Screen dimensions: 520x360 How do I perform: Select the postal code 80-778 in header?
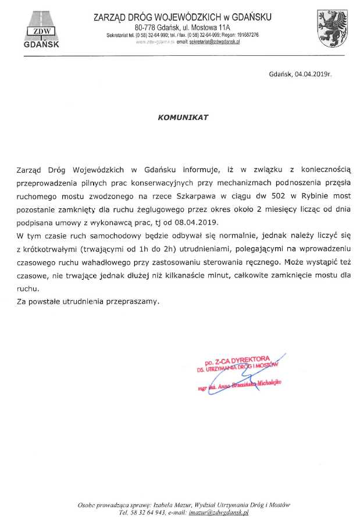(x=145, y=27)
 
